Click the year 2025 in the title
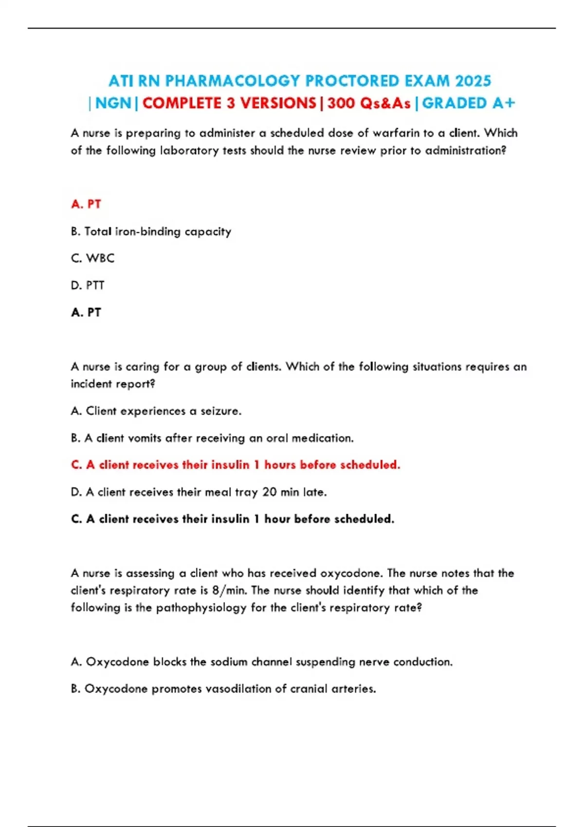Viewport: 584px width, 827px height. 473,81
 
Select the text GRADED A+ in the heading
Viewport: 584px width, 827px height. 468,103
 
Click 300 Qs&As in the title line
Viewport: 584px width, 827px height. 369,103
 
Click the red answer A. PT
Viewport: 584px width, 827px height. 86,204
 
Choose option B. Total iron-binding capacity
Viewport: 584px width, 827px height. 151,232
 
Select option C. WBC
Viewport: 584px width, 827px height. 92,258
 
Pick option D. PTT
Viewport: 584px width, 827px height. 88,286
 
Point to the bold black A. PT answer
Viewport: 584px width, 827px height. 86,312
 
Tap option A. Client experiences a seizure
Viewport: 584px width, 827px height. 156,411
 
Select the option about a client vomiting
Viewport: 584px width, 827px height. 212,438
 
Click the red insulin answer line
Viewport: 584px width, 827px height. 236,465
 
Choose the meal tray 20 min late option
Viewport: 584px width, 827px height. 199,492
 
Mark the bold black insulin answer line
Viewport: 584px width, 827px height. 233,519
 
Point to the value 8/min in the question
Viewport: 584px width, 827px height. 229,591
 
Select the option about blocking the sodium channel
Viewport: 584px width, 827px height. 261,662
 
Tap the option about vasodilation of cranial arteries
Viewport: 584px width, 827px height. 223,689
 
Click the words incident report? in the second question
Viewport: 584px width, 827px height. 113,384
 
